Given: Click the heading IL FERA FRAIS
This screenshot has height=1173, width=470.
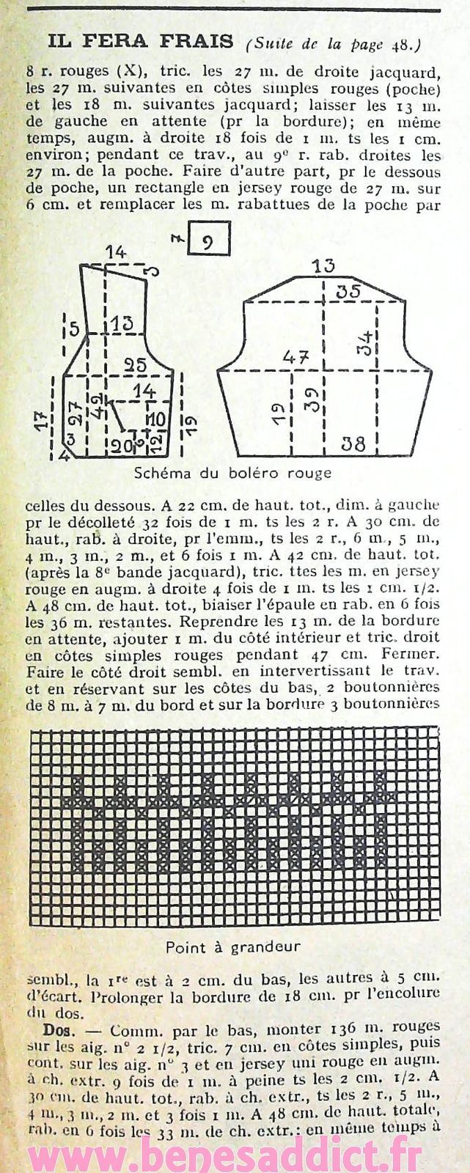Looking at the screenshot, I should (x=140, y=42).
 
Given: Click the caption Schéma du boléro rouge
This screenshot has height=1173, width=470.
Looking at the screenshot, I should (x=233, y=473).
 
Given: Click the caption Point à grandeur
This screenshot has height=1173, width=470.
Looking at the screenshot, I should (x=233, y=946).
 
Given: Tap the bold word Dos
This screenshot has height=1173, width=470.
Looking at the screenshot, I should (x=51, y=1029).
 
